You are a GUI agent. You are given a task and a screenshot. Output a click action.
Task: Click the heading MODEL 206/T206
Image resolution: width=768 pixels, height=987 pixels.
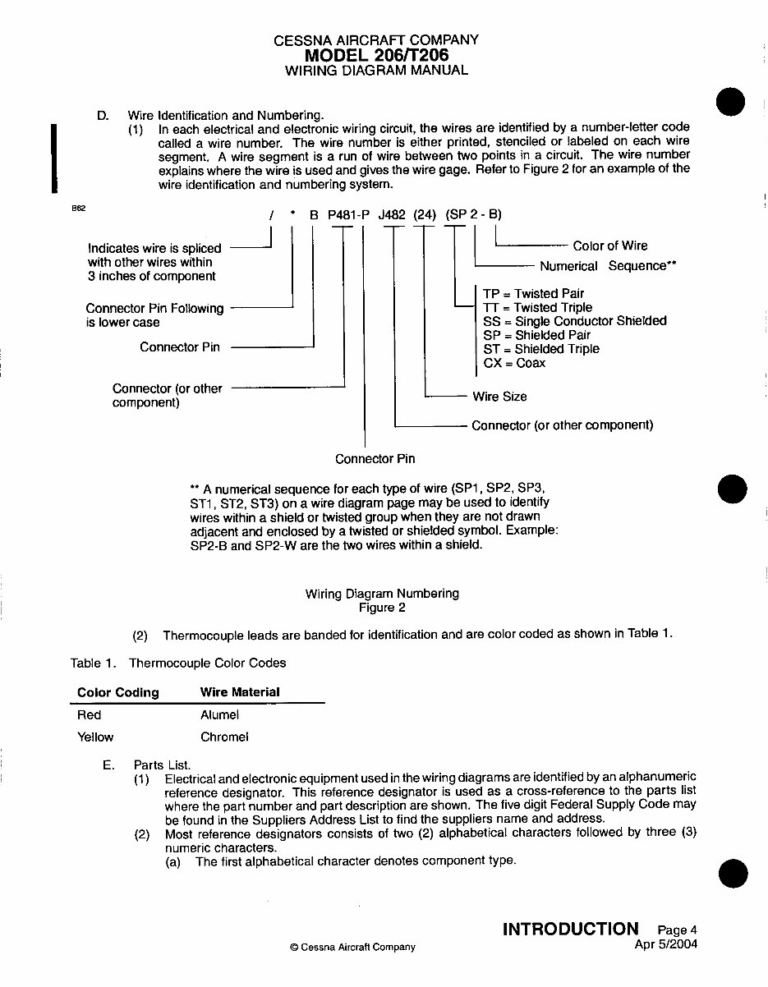click(376, 55)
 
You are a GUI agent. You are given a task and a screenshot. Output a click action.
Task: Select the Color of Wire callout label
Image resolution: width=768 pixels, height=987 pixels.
click(609, 246)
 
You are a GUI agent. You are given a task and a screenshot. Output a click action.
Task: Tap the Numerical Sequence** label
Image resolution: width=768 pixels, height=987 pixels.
click(608, 266)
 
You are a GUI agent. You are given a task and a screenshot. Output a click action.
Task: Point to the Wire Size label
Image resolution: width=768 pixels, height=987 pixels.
click(499, 397)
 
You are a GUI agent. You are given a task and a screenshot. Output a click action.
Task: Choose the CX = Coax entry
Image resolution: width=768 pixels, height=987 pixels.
click(514, 363)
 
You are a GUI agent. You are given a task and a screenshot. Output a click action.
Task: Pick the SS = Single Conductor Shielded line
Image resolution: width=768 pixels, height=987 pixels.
click(575, 321)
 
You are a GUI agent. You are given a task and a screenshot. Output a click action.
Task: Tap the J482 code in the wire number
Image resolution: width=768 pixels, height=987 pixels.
click(392, 215)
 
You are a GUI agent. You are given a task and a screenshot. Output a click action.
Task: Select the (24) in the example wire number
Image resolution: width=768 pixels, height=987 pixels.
click(425, 215)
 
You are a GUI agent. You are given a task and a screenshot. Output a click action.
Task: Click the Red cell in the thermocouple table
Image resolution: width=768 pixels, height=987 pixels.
click(89, 715)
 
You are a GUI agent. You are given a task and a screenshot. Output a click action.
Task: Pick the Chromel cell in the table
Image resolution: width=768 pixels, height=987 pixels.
click(224, 737)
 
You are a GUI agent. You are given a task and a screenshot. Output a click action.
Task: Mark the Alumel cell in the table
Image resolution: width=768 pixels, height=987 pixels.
click(219, 715)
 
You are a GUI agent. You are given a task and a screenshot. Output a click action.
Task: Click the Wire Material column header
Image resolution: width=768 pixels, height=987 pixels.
click(240, 692)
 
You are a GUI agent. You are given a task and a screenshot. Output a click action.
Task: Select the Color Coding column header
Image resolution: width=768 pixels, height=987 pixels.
click(117, 692)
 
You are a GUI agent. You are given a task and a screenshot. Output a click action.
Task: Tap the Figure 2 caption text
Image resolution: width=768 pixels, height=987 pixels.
click(382, 608)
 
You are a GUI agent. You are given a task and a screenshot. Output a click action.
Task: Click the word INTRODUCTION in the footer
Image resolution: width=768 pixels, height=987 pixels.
click(570, 929)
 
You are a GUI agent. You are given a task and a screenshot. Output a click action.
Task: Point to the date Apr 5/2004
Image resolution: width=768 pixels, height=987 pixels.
click(665, 944)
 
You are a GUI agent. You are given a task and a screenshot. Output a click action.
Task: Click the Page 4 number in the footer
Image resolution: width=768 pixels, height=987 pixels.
click(677, 930)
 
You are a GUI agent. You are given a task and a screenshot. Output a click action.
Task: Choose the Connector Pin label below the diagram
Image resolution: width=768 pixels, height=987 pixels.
click(375, 458)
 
